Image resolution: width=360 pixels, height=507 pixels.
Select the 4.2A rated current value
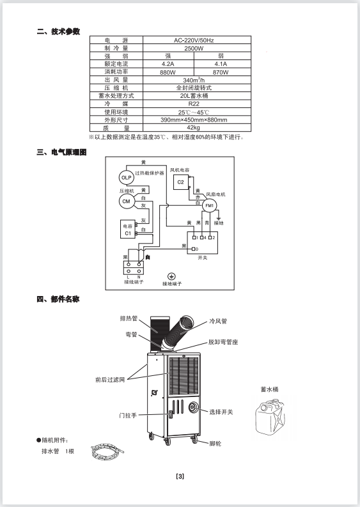click(168, 64)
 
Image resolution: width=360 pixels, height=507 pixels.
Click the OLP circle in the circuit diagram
click(126, 178)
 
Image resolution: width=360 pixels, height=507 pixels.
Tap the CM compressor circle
click(126, 201)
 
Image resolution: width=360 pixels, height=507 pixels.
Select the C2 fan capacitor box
click(181, 182)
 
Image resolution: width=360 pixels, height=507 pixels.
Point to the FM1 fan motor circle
click(210, 206)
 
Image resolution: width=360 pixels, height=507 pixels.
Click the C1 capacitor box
click(128, 230)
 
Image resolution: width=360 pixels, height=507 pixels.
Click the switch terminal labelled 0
click(193, 249)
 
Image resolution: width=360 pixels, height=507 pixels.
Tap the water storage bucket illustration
click(270, 416)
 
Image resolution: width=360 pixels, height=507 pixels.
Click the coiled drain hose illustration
click(107, 452)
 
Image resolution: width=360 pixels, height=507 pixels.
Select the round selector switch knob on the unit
click(194, 407)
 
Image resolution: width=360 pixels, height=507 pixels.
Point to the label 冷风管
click(218, 321)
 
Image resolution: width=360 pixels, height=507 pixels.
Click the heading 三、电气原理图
click(61, 152)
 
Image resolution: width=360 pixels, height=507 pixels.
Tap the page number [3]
click(180, 476)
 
